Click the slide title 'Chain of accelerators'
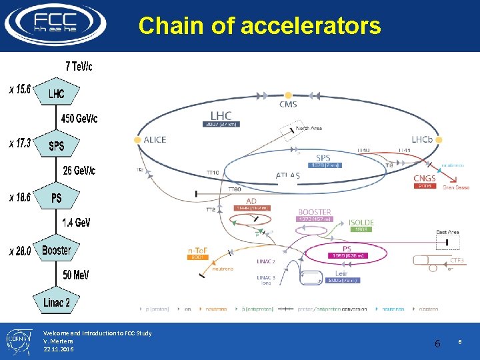259,26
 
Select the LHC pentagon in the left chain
57,93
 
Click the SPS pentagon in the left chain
57,145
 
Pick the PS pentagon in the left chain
57,198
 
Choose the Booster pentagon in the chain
56,250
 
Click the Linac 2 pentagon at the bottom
57,302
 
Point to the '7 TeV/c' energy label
79,66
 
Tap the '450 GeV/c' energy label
79,119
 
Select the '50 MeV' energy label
76,275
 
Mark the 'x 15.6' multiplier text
20,89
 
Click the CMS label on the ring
288,105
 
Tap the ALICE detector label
155,140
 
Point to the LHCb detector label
422,140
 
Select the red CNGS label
425,178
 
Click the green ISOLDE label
361,223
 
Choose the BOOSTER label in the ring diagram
315,212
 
